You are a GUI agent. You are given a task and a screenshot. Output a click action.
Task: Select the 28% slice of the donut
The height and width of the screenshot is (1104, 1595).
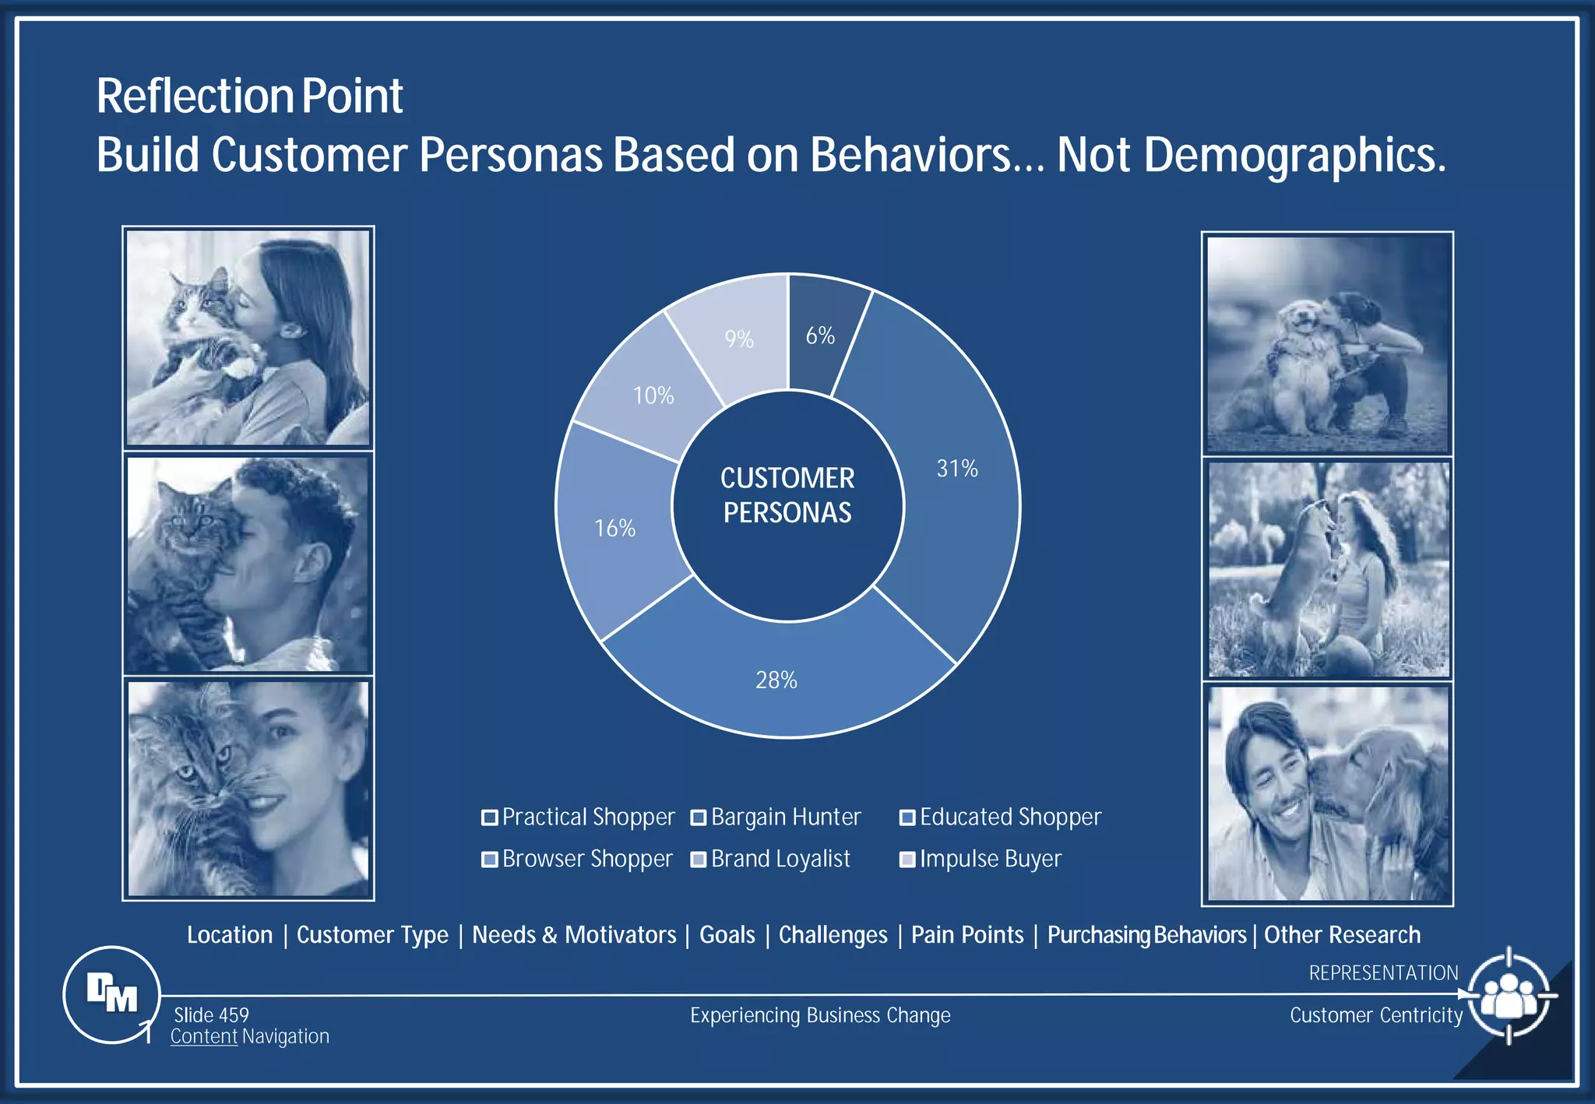click(x=776, y=680)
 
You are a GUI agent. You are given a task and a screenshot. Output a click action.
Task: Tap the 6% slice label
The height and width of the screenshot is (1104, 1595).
click(x=820, y=336)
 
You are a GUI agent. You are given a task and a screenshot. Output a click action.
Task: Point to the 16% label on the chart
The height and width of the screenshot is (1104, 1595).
click(x=614, y=529)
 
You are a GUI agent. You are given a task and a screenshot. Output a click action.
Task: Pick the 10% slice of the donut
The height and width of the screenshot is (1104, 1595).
click(x=653, y=396)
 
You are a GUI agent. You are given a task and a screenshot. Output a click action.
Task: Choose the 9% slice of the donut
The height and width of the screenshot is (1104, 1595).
click(x=738, y=339)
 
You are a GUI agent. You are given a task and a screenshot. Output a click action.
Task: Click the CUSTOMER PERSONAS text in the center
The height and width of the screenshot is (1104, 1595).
click(x=787, y=495)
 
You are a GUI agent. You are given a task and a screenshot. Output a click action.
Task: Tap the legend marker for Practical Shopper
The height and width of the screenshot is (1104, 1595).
click(x=490, y=817)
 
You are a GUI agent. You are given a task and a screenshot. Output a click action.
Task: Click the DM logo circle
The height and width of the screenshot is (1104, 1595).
click(x=112, y=994)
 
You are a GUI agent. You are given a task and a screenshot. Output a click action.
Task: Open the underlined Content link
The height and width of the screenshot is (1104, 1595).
click(x=204, y=1036)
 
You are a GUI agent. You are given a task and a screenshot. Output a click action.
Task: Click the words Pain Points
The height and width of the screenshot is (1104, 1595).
click(x=967, y=934)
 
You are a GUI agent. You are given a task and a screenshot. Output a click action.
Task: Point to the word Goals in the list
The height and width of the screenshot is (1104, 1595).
click(x=727, y=934)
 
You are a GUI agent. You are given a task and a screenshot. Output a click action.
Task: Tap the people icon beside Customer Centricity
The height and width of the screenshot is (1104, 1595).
click(x=1509, y=996)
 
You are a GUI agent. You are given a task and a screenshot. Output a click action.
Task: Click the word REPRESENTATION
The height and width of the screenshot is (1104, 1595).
click(x=1383, y=973)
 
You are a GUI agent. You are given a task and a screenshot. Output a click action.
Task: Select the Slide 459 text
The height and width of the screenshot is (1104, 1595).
click(x=211, y=1015)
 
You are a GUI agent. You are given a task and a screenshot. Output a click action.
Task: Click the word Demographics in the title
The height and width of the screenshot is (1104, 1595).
click(x=1294, y=155)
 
